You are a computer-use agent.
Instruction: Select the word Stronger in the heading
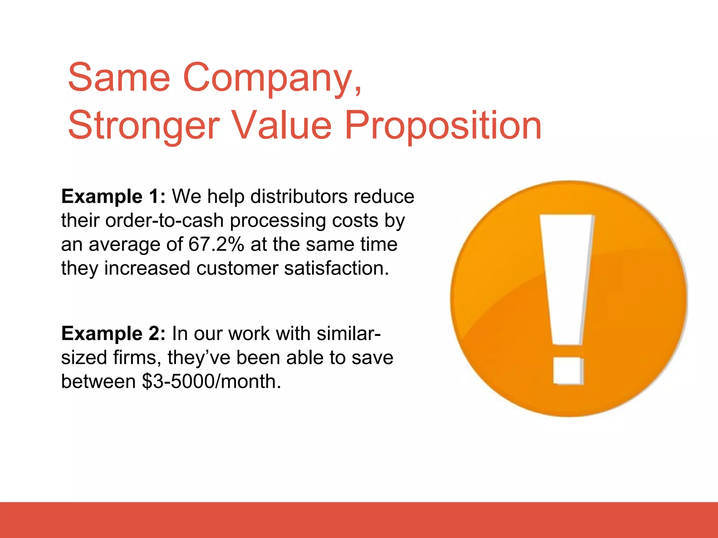[144, 125]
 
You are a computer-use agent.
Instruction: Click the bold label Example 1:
[113, 196]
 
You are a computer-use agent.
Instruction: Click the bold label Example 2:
[113, 333]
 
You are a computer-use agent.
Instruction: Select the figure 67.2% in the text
[216, 244]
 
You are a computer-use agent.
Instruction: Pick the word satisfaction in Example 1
[336, 268]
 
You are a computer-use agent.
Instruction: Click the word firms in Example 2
[134, 357]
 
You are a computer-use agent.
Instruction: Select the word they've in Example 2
[199, 357]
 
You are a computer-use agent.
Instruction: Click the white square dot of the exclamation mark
[568, 371]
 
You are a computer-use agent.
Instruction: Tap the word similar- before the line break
[348, 333]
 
